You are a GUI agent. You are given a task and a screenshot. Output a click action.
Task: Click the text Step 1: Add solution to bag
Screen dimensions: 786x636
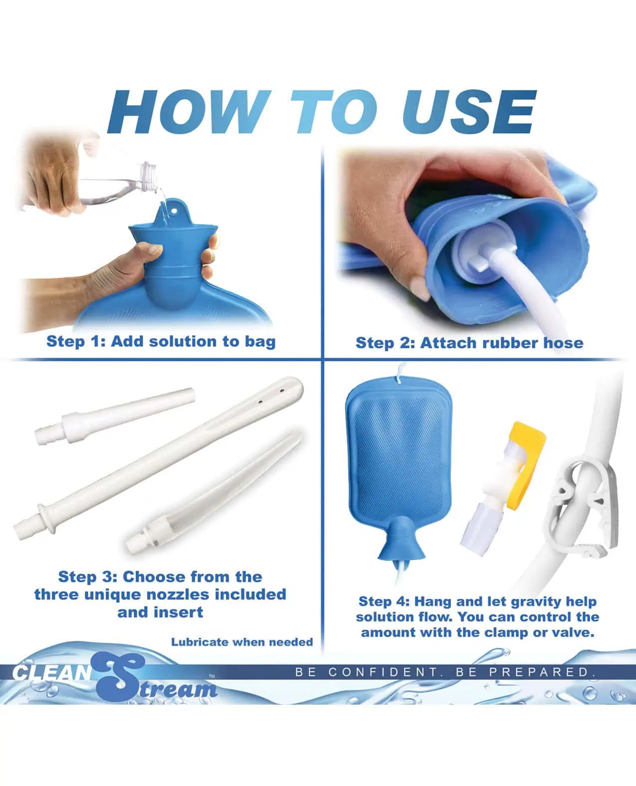point(161,341)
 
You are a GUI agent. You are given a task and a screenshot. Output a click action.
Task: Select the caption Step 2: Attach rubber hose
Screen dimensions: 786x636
point(469,343)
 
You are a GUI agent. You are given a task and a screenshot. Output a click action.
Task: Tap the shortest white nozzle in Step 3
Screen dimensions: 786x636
point(115,415)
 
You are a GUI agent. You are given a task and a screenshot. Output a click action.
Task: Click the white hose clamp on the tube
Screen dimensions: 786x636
point(579,504)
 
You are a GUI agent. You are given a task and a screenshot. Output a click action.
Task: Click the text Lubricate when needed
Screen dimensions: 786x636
point(242,642)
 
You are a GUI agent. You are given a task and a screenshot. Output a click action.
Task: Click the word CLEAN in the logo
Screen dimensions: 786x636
point(52,672)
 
